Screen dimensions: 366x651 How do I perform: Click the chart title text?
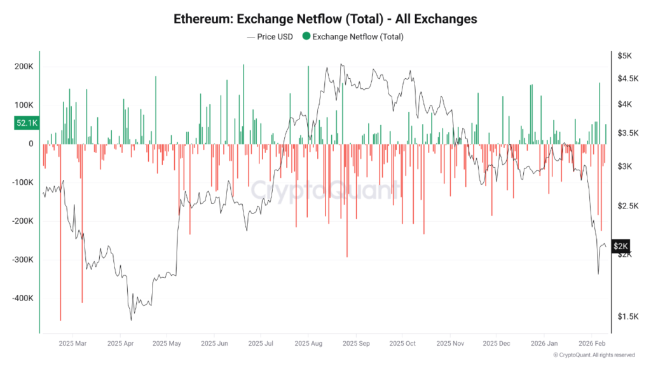[325, 18]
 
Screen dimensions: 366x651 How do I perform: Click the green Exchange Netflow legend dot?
[306, 37]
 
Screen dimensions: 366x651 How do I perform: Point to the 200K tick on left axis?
[24, 67]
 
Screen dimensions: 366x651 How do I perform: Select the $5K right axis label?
[624, 56]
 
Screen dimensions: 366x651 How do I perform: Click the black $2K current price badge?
[620, 246]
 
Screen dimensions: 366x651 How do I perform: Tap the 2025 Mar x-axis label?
[72, 344]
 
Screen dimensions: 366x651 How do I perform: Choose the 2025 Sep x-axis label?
[356, 344]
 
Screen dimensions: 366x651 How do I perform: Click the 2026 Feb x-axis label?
[591, 344]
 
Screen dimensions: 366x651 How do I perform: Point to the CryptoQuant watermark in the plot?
[325, 189]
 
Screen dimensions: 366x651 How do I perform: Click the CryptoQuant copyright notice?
[593, 355]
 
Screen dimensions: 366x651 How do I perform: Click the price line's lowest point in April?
[131, 319]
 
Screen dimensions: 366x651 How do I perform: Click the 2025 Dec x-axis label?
[497, 344]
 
